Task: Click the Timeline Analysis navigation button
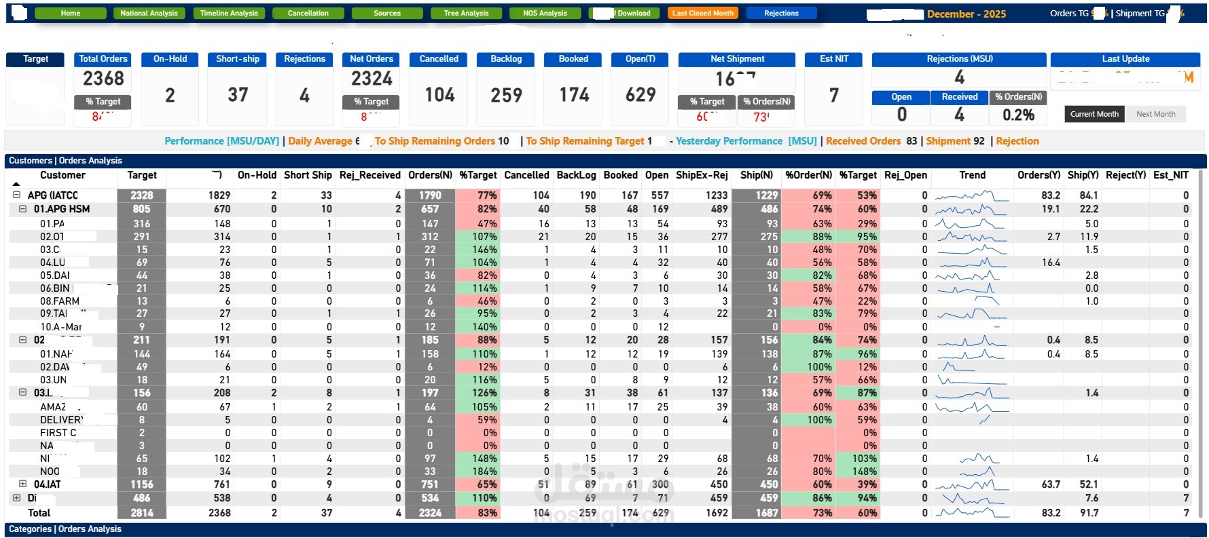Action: coord(229,13)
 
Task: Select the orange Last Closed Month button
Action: coord(703,13)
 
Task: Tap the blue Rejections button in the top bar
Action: coord(781,13)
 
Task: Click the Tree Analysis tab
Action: coord(466,13)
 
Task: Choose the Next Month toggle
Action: coord(1155,114)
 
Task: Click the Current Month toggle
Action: coord(1094,114)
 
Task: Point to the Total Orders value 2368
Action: coord(103,79)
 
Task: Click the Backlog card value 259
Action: coord(506,95)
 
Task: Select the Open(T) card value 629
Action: coord(640,95)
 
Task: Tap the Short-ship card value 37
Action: coord(238,95)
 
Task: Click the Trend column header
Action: coord(972,175)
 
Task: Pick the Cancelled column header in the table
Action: coord(526,175)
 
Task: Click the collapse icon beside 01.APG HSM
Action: coord(22,209)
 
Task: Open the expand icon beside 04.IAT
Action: coord(22,484)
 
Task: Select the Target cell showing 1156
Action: coord(141,484)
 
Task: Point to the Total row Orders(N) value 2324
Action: coord(430,513)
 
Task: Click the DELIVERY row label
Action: coord(61,420)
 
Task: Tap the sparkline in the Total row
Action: coord(972,512)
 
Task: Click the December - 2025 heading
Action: coord(966,14)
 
